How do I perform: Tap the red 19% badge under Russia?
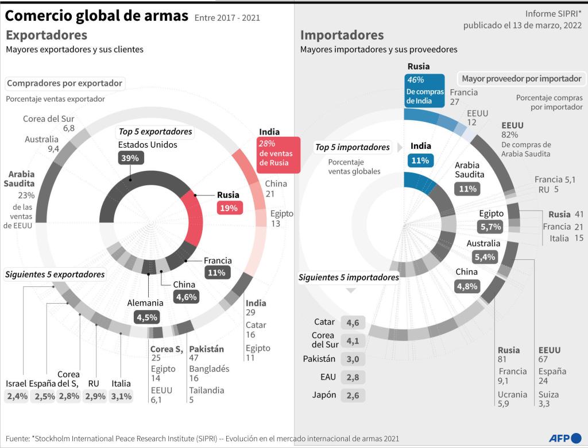click(229, 208)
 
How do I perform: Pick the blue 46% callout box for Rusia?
click(424, 90)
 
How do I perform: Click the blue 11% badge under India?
click(420, 160)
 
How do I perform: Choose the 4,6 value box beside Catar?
click(353, 323)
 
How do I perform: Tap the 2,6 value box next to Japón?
click(353, 396)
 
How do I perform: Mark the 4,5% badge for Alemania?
click(146, 316)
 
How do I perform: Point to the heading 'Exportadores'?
click(47, 35)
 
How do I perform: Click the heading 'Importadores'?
click(342, 35)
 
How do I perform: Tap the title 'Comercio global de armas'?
click(96, 16)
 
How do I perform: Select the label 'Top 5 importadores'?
click(353, 147)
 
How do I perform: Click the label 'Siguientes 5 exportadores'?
click(55, 274)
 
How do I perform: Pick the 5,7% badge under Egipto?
click(492, 227)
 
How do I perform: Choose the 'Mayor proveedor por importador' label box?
click(521, 79)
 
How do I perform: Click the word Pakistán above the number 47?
click(206, 349)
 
